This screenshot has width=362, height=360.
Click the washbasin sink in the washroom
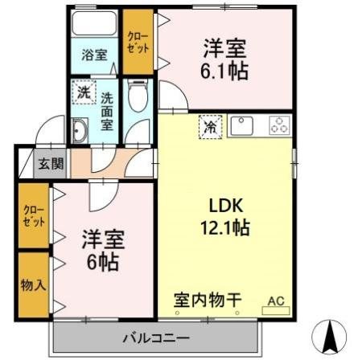point(80,132)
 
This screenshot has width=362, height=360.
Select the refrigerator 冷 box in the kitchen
point(209,126)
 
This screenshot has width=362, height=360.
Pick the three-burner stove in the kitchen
point(279,125)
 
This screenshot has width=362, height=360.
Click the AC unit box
point(276,301)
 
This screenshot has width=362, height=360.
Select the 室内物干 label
point(208,300)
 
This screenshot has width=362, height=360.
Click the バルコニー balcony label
point(156,336)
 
